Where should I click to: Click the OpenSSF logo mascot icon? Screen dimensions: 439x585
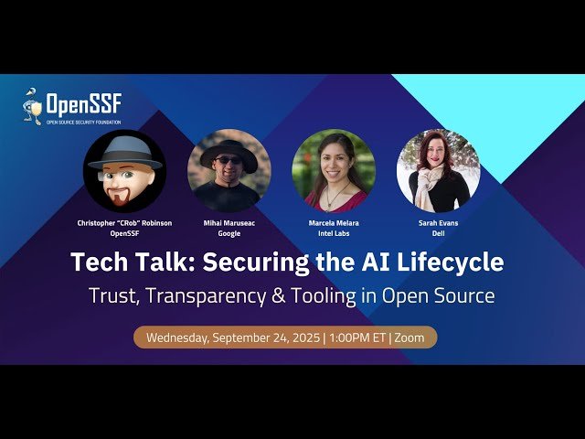tap(32, 106)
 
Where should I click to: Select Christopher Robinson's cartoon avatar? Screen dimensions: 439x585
tap(124, 171)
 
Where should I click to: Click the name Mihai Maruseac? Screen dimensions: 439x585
tap(229, 222)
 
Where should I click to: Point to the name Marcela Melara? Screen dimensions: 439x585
tap(334, 222)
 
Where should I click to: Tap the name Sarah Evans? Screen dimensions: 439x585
tap(439, 222)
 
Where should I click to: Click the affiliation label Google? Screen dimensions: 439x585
tap(229, 233)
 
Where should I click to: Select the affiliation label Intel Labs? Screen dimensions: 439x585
tap(334, 233)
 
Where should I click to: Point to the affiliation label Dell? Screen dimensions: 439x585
tap(439, 233)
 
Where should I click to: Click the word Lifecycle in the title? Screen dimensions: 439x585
tap(454, 262)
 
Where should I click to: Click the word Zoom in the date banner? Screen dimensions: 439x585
tap(409, 337)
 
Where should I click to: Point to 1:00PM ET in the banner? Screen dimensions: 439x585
tap(356, 337)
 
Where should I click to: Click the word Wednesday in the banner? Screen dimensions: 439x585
tap(177, 337)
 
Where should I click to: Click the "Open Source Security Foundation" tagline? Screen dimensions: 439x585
tap(82, 121)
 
